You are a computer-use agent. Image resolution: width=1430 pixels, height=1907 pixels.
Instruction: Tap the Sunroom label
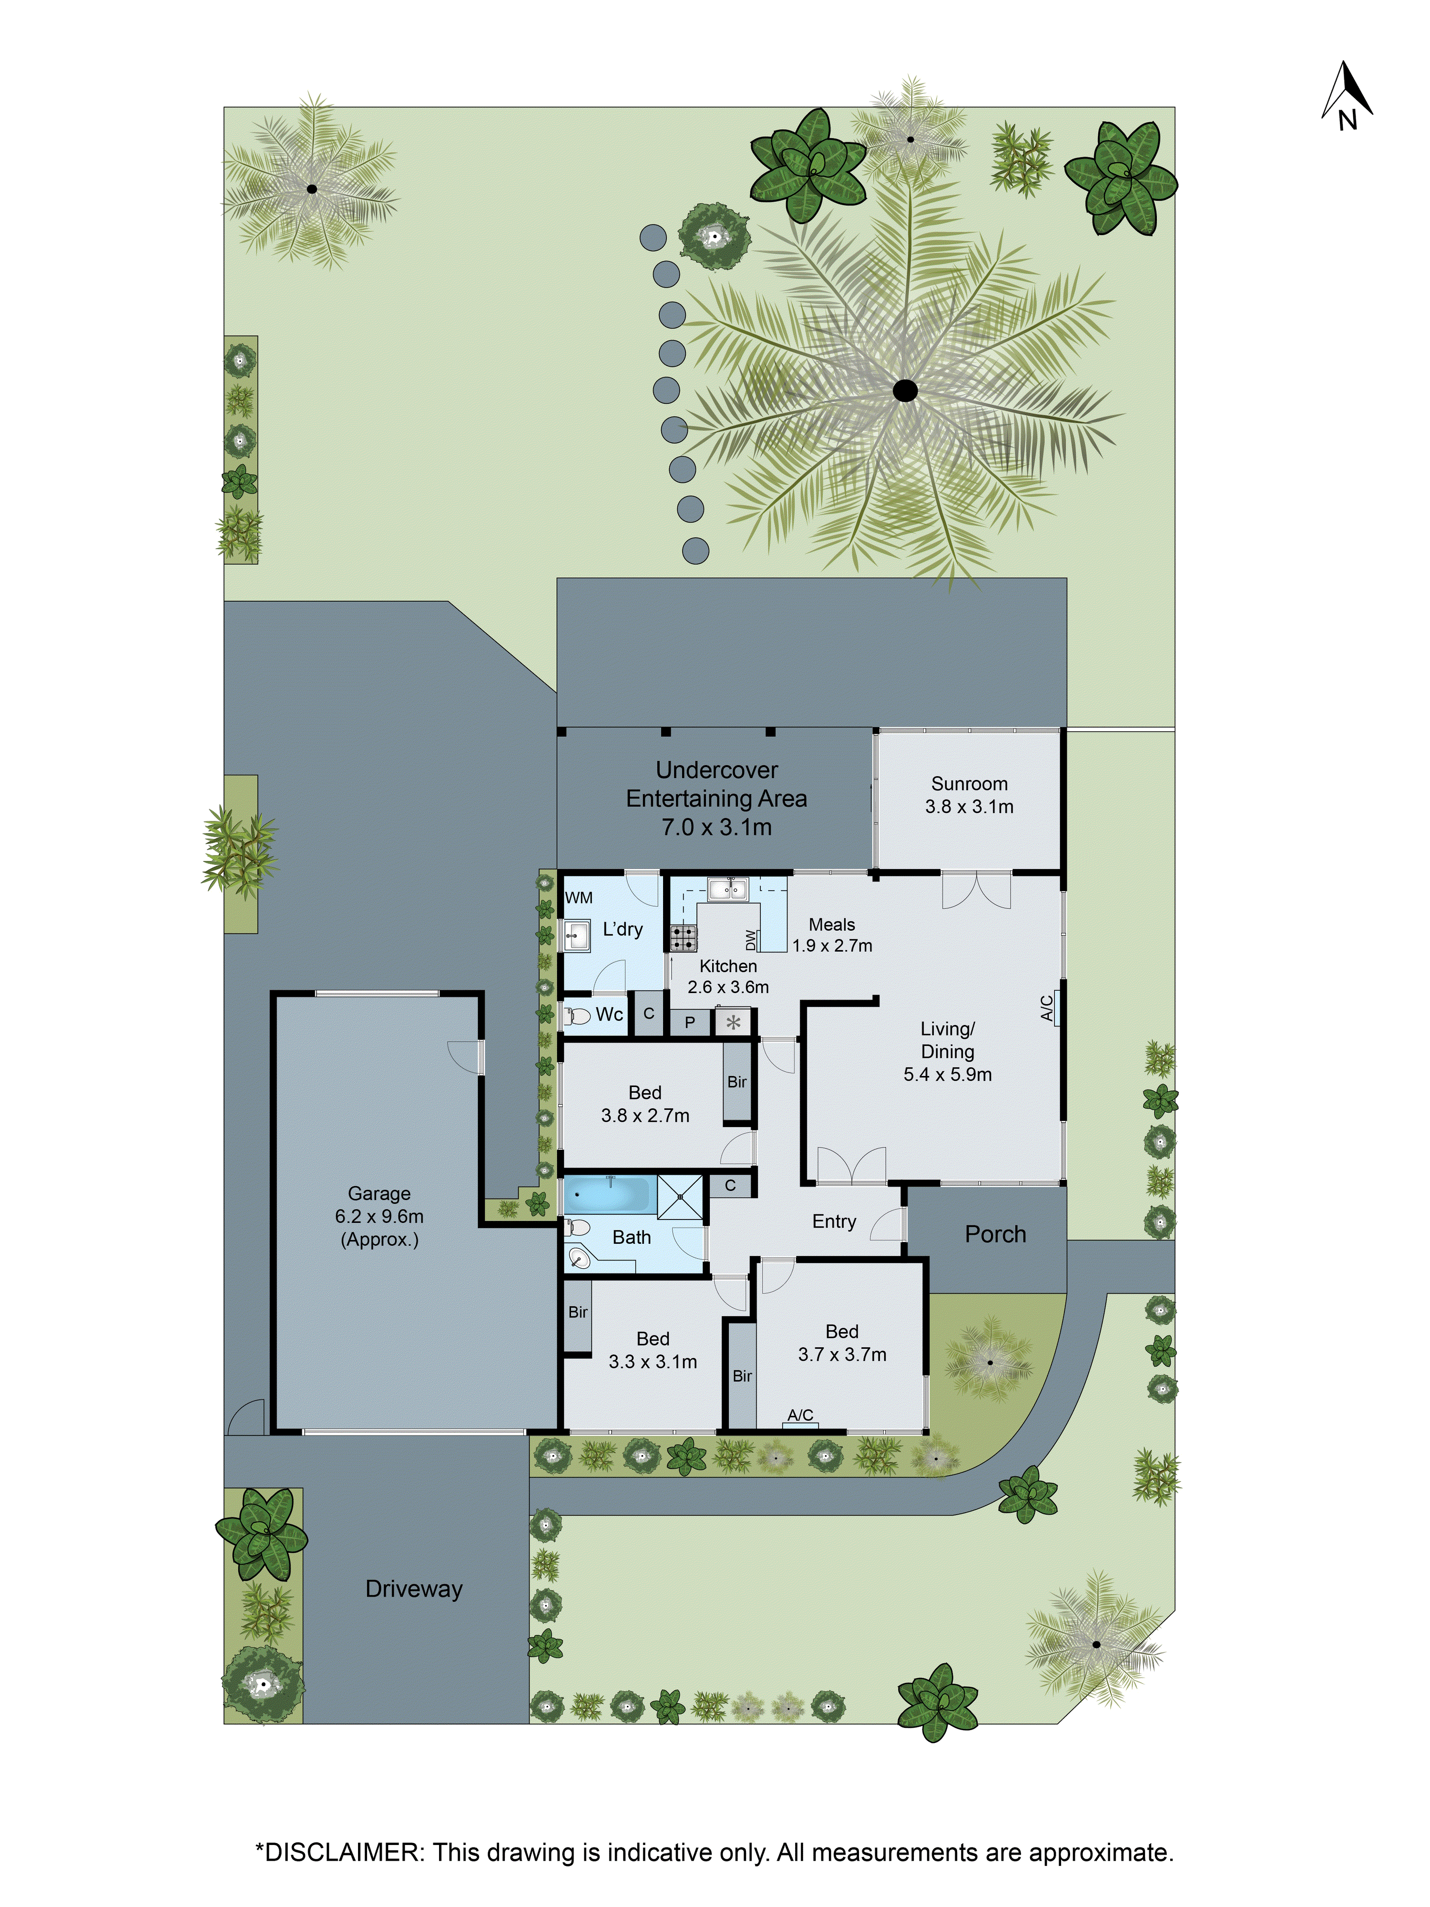(x=969, y=784)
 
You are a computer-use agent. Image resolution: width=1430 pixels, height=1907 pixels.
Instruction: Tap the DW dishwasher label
(x=750, y=940)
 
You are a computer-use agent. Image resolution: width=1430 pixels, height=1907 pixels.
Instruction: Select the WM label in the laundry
(x=578, y=897)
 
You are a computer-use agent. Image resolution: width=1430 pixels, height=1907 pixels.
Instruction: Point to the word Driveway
(x=414, y=1589)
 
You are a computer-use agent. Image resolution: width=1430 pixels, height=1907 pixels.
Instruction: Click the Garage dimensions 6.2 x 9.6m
(x=379, y=1217)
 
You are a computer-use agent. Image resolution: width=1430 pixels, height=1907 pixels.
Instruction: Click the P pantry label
(x=690, y=1023)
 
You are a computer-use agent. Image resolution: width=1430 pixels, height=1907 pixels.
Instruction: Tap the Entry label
(x=834, y=1221)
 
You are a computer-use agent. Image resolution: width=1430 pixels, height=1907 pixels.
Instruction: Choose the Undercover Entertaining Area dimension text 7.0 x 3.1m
(x=716, y=828)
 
